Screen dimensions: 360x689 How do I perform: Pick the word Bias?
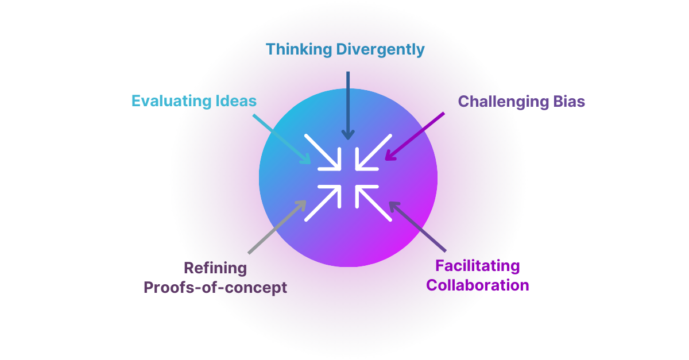570,102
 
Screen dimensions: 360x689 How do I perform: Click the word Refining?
215,268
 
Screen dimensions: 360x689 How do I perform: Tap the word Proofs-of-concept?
215,287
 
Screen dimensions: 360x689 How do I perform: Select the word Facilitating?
477,266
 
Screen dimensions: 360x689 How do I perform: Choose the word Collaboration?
477,285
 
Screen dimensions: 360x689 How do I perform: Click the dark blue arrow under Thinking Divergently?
348,106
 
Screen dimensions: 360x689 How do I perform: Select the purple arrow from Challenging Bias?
415,136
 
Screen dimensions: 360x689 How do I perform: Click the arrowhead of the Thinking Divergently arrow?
348,136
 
